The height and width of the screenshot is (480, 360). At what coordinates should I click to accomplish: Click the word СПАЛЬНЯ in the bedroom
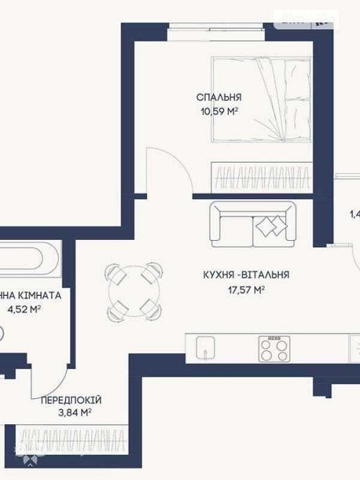point(219,97)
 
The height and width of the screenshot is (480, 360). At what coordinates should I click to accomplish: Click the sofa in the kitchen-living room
point(252,224)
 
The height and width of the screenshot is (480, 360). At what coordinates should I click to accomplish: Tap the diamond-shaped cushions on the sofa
point(267,226)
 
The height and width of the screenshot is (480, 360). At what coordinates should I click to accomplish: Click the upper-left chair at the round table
point(115,272)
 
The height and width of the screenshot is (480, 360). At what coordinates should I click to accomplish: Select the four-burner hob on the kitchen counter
point(273,349)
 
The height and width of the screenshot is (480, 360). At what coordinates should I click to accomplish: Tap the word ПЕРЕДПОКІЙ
point(70,399)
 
